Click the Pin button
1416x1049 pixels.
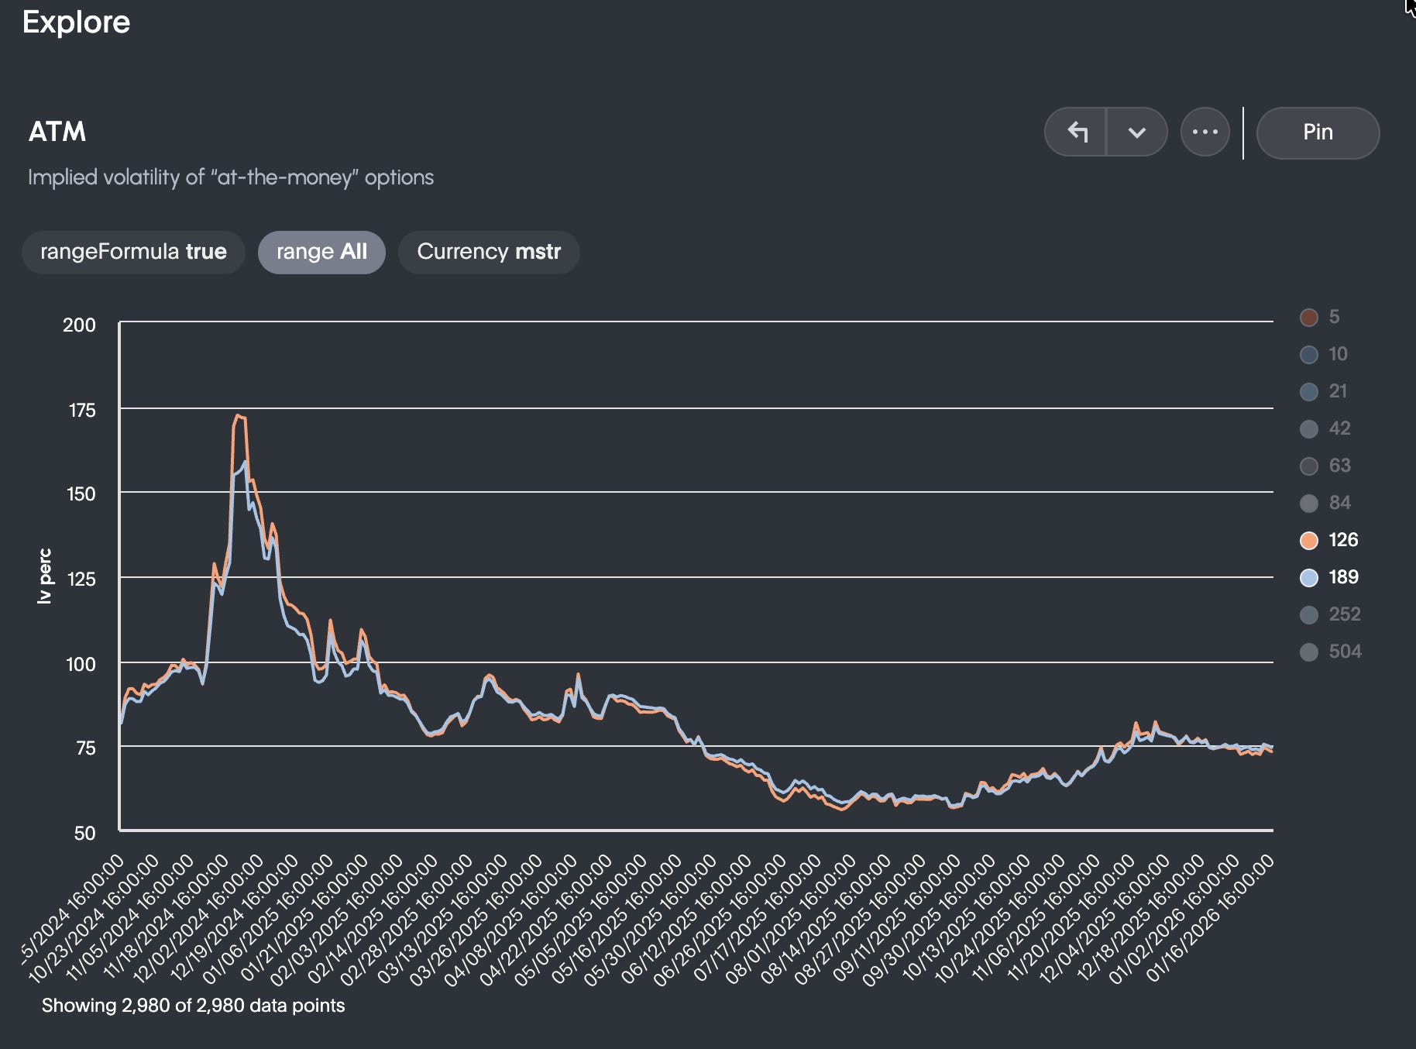pos(1317,132)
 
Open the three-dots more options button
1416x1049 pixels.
pos(1205,132)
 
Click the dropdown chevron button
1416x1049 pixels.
pos(1136,132)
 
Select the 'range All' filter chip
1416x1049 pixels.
pos(321,252)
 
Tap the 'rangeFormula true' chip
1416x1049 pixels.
pos(133,252)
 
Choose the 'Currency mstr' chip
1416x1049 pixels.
pos(488,252)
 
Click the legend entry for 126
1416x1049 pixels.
pos(1329,540)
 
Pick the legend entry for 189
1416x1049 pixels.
pos(1329,577)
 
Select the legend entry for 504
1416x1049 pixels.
pos(1331,652)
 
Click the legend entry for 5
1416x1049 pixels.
pos(1320,317)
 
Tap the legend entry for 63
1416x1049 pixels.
pos(1326,466)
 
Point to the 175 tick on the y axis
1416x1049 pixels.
pos(82,410)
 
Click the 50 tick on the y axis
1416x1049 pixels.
pos(84,833)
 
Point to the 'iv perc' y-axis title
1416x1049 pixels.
pos(45,576)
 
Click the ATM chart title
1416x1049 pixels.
pos(57,132)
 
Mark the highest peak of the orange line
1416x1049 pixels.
pos(238,415)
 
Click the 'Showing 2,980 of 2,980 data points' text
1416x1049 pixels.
pos(193,1006)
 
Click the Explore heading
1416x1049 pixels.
pos(76,22)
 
